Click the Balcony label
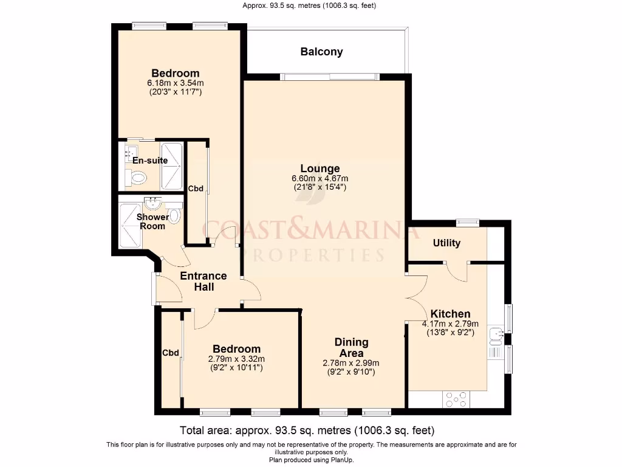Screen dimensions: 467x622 (321, 52)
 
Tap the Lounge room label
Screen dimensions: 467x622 (320, 168)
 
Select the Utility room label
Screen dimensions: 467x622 (446, 243)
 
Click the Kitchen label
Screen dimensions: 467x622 (450, 314)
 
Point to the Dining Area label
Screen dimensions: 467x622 (351, 348)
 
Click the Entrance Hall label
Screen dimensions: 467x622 (203, 281)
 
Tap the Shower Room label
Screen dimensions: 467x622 (152, 221)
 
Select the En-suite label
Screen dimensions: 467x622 (150, 161)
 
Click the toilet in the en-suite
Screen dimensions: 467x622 (138, 178)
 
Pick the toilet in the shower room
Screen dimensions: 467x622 (174, 215)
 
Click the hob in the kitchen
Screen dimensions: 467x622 (456, 399)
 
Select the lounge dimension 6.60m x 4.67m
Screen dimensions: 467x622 (320, 178)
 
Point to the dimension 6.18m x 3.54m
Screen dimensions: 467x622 (175, 83)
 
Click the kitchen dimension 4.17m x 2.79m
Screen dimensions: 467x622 (450, 323)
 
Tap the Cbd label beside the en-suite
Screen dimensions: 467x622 (196, 189)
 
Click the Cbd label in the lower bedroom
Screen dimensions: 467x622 (170, 353)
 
